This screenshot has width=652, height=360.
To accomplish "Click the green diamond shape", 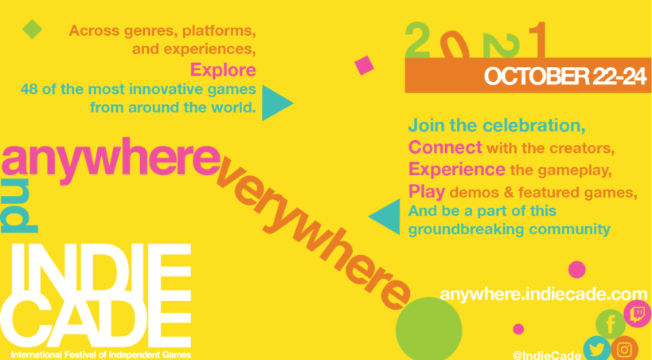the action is click(x=32, y=29).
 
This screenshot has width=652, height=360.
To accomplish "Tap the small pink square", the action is click(x=364, y=65).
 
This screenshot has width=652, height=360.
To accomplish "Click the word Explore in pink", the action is click(x=223, y=70).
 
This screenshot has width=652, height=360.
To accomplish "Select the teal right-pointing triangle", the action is click(x=277, y=103).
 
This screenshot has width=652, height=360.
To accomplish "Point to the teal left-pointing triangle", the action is click(x=385, y=217).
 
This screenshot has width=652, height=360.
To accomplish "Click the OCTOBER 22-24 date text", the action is click(x=565, y=77).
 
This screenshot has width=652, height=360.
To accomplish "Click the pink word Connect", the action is click(x=445, y=147).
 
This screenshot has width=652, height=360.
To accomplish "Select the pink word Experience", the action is click(x=457, y=170).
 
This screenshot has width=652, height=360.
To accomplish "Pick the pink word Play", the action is click(x=427, y=191).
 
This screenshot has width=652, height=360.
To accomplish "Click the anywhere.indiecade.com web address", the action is click(x=544, y=294).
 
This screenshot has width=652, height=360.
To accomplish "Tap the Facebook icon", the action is click(x=610, y=324).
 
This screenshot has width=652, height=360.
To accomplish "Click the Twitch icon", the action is click(x=638, y=314).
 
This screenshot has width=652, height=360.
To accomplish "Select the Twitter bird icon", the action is click(x=597, y=349).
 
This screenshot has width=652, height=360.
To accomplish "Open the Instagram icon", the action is click(x=624, y=350).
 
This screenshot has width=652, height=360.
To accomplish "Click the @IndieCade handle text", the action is click(x=547, y=355).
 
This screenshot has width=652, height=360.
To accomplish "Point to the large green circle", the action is click(x=429, y=330).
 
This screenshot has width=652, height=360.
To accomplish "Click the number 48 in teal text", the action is click(x=29, y=89).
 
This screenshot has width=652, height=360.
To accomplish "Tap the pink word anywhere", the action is click(x=111, y=160).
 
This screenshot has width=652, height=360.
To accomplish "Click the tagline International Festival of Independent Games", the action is click(x=101, y=355).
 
